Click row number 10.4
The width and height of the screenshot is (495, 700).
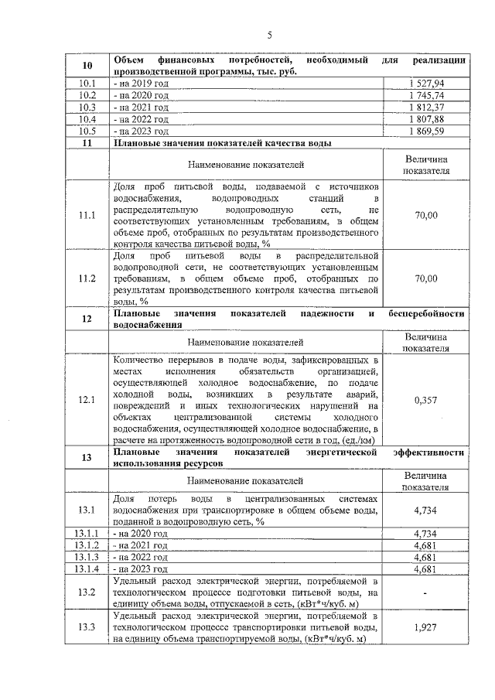point(87,120)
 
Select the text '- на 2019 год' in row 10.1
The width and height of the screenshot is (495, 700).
point(141,83)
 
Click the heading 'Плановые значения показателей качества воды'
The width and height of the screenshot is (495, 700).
point(223,144)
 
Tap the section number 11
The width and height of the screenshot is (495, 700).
point(87,144)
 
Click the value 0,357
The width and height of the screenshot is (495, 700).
point(426,400)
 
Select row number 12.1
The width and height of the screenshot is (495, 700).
point(87,400)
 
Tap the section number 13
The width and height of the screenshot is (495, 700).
point(87,457)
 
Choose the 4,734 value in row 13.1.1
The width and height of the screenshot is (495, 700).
point(426,534)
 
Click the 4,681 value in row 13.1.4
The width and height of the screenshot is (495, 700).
point(426,569)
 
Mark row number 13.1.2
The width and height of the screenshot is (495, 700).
point(87,545)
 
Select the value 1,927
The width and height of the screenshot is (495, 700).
point(426,627)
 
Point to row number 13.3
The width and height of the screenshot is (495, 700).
point(87,627)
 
